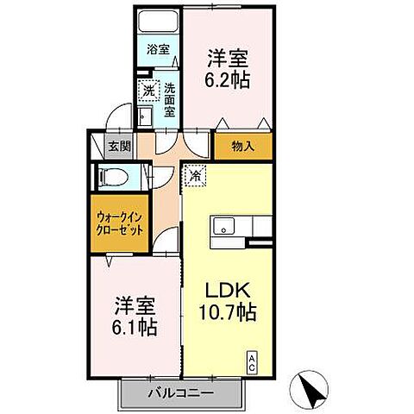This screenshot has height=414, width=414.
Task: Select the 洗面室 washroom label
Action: coord(170,99)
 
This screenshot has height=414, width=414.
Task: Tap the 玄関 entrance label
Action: coord(118,146)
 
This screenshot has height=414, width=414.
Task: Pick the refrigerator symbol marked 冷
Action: coord(195,177)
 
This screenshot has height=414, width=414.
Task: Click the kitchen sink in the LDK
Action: coord(223,228)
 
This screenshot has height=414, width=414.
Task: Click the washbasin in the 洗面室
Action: coord(147,116)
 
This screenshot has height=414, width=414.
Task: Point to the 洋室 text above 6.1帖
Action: coord(135,305)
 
